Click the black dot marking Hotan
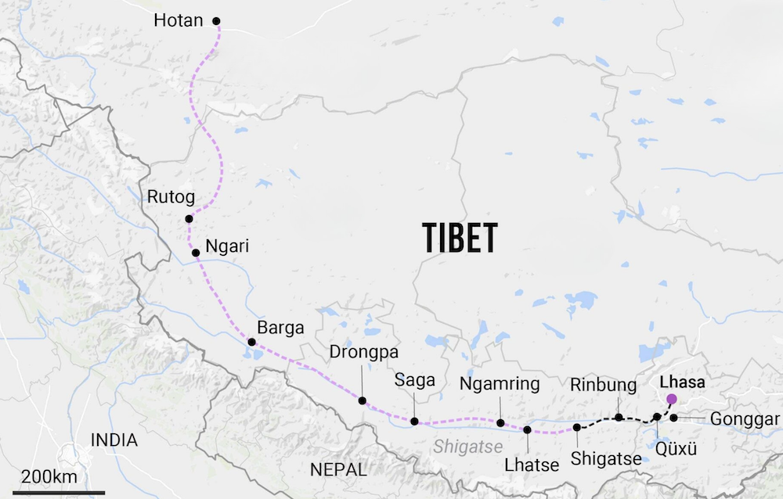tap(217, 21)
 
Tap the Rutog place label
tap(171, 196)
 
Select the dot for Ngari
tap(196, 253)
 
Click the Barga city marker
tap(251, 343)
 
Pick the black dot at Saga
tap(414, 422)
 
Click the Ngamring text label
tap(500, 384)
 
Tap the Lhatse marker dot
tap(527, 429)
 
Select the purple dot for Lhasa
tap(671, 399)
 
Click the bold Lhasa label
tap(683, 383)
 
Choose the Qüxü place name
tap(675, 449)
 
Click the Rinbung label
tap(598, 385)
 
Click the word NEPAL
tap(338, 470)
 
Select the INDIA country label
tap(114, 440)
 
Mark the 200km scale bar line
tap(59, 492)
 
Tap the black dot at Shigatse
tap(577, 427)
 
